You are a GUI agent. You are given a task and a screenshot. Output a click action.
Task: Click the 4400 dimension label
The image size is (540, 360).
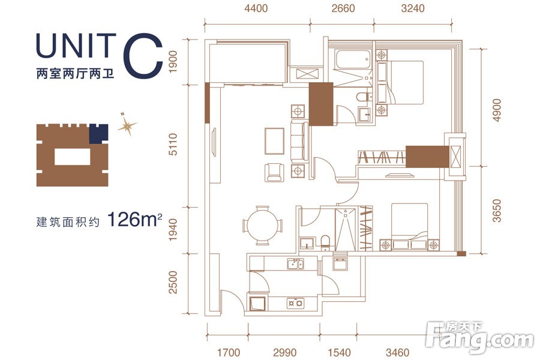[x=256, y=8]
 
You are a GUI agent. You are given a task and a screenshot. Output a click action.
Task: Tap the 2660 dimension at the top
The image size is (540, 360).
[x=343, y=8]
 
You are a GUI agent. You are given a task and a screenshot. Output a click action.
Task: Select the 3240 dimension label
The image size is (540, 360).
[x=413, y=8]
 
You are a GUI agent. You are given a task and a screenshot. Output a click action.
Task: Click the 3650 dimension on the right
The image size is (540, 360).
[x=497, y=211]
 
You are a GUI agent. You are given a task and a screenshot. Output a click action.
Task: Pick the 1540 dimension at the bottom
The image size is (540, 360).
[x=339, y=352]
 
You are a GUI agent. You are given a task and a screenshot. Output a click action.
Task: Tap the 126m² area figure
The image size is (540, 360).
[x=134, y=220]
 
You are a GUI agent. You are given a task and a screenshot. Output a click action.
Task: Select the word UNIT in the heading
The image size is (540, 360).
[x=76, y=46]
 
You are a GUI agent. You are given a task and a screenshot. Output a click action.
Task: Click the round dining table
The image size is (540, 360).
[x=262, y=226]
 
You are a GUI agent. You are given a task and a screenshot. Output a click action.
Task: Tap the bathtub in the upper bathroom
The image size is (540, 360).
[x=353, y=59]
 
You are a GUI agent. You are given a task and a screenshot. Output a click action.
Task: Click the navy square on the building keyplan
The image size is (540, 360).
[x=98, y=134]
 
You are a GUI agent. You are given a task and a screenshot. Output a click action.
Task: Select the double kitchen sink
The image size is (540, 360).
[x=295, y=264]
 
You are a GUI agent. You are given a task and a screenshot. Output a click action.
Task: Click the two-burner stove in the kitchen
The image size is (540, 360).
[x=295, y=303]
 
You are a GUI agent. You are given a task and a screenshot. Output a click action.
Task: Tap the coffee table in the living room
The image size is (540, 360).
[x=274, y=141]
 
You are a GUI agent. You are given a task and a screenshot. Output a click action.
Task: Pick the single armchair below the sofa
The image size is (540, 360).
[x=274, y=173]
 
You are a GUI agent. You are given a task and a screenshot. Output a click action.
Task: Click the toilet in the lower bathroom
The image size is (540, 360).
[x=325, y=242]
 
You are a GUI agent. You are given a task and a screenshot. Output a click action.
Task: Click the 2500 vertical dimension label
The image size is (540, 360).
[x=173, y=283]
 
